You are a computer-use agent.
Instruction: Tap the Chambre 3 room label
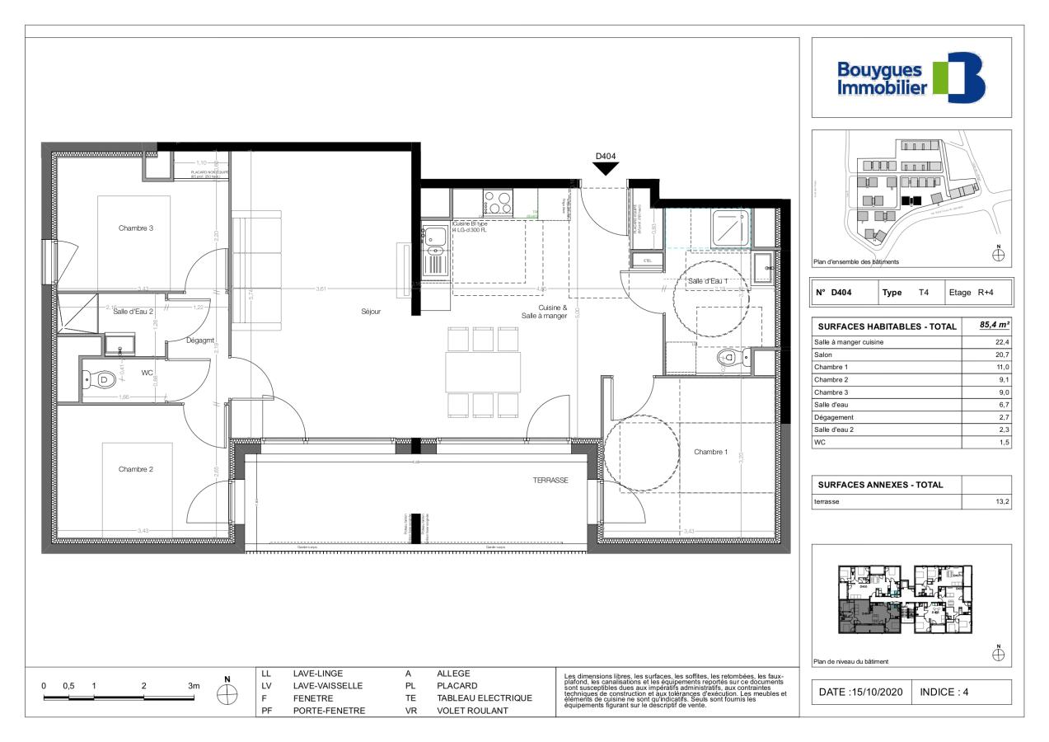pyautogui.click(x=135, y=228)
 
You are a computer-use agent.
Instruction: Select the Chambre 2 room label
pyautogui.click(x=135, y=469)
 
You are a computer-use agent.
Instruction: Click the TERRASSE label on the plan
pyautogui.click(x=550, y=479)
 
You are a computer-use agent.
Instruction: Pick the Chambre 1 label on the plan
pyautogui.click(x=710, y=452)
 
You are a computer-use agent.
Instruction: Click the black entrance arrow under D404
pyautogui.click(x=606, y=168)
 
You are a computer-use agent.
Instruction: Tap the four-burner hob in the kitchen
pyautogui.click(x=497, y=201)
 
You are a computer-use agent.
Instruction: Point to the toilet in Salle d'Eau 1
pyautogui.click(x=729, y=358)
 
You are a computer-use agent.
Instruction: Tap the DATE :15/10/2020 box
pyautogui.click(x=861, y=692)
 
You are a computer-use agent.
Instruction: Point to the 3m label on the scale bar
pyautogui.click(x=194, y=686)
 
